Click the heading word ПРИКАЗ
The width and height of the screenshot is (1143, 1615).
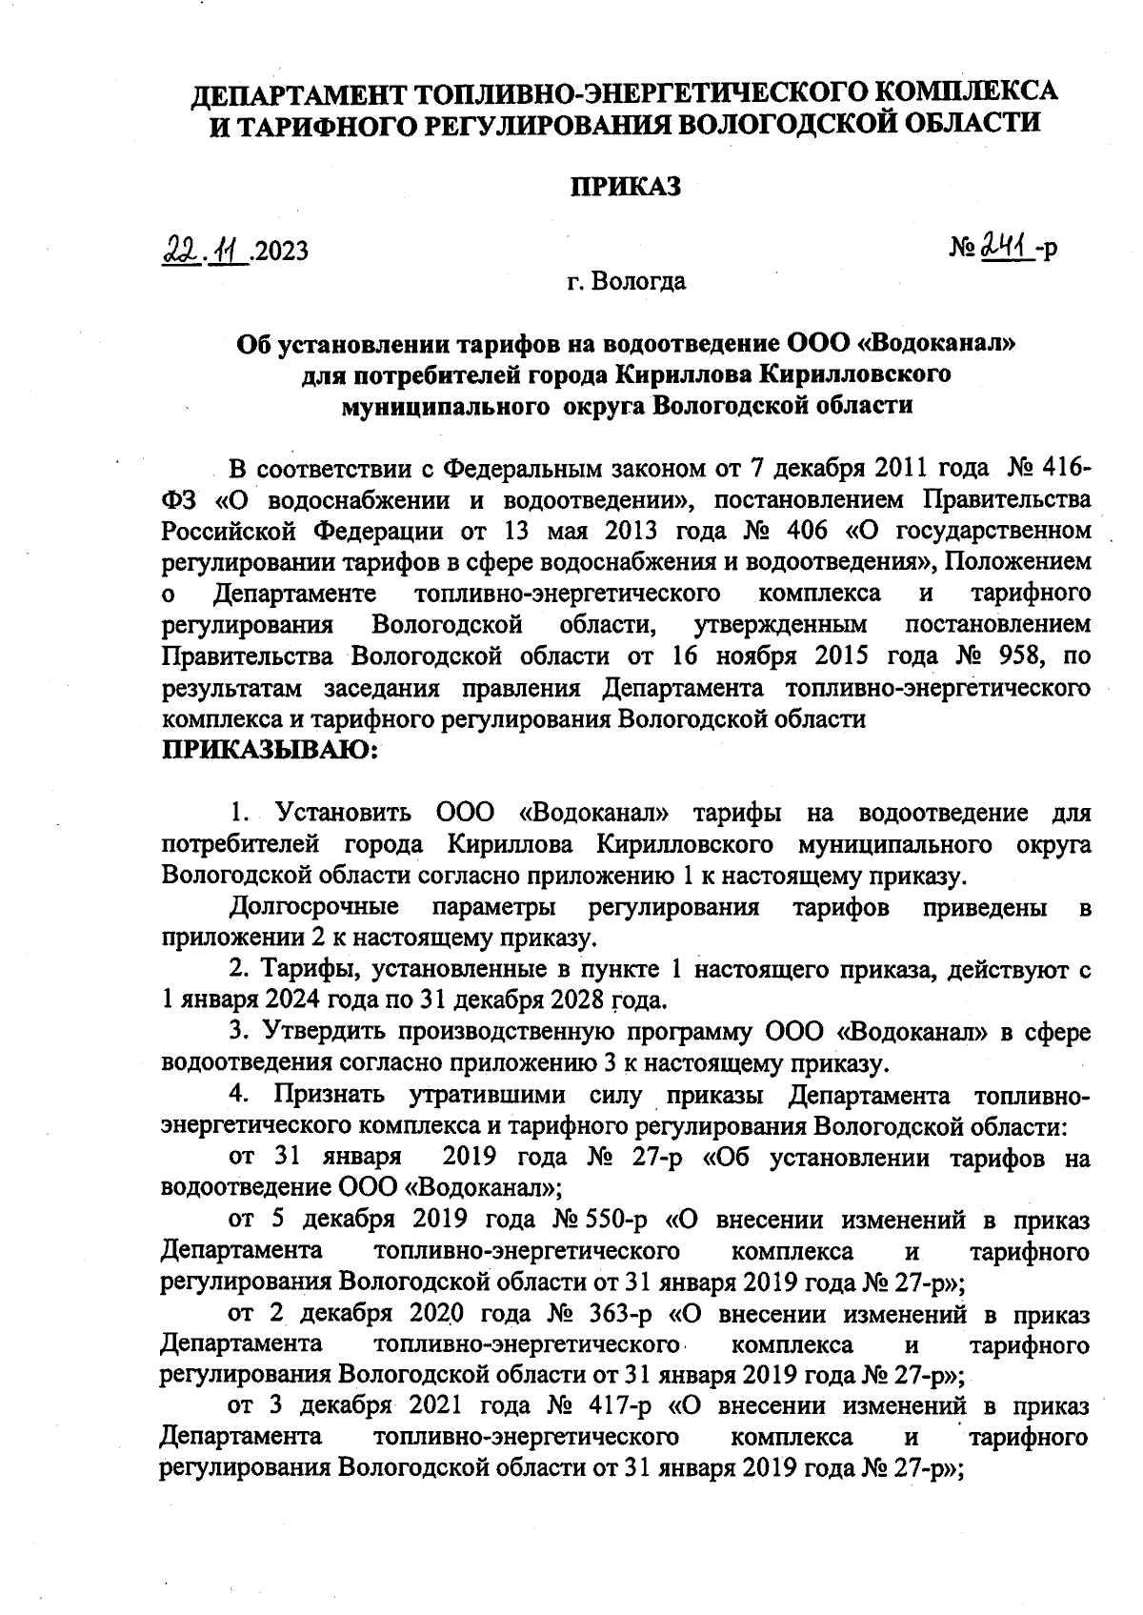pyautogui.click(x=625, y=187)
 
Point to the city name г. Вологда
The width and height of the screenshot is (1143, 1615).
pyautogui.click(x=625, y=282)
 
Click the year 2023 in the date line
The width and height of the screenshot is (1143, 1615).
pyautogui.click(x=281, y=252)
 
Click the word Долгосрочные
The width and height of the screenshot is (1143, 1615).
pyautogui.click(x=314, y=906)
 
